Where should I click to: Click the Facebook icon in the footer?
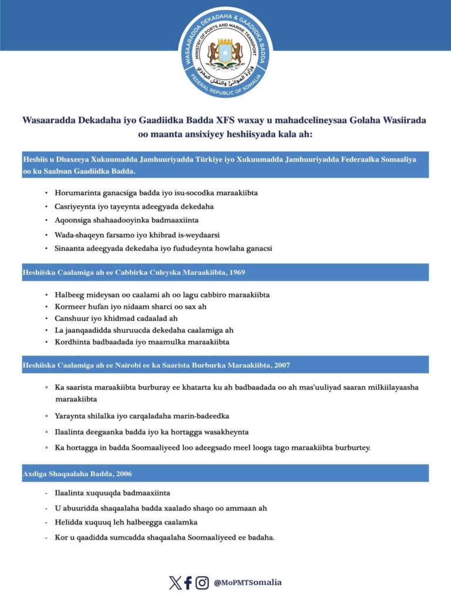pyautogui.click(x=188, y=583)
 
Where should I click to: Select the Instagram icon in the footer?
pyautogui.click(x=202, y=583)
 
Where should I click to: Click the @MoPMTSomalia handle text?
pyautogui.click(x=248, y=583)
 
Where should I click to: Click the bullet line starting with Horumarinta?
pyautogui.click(x=156, y=193)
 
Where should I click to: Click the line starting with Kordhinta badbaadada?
pyautogui.click(x=141, y=342)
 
